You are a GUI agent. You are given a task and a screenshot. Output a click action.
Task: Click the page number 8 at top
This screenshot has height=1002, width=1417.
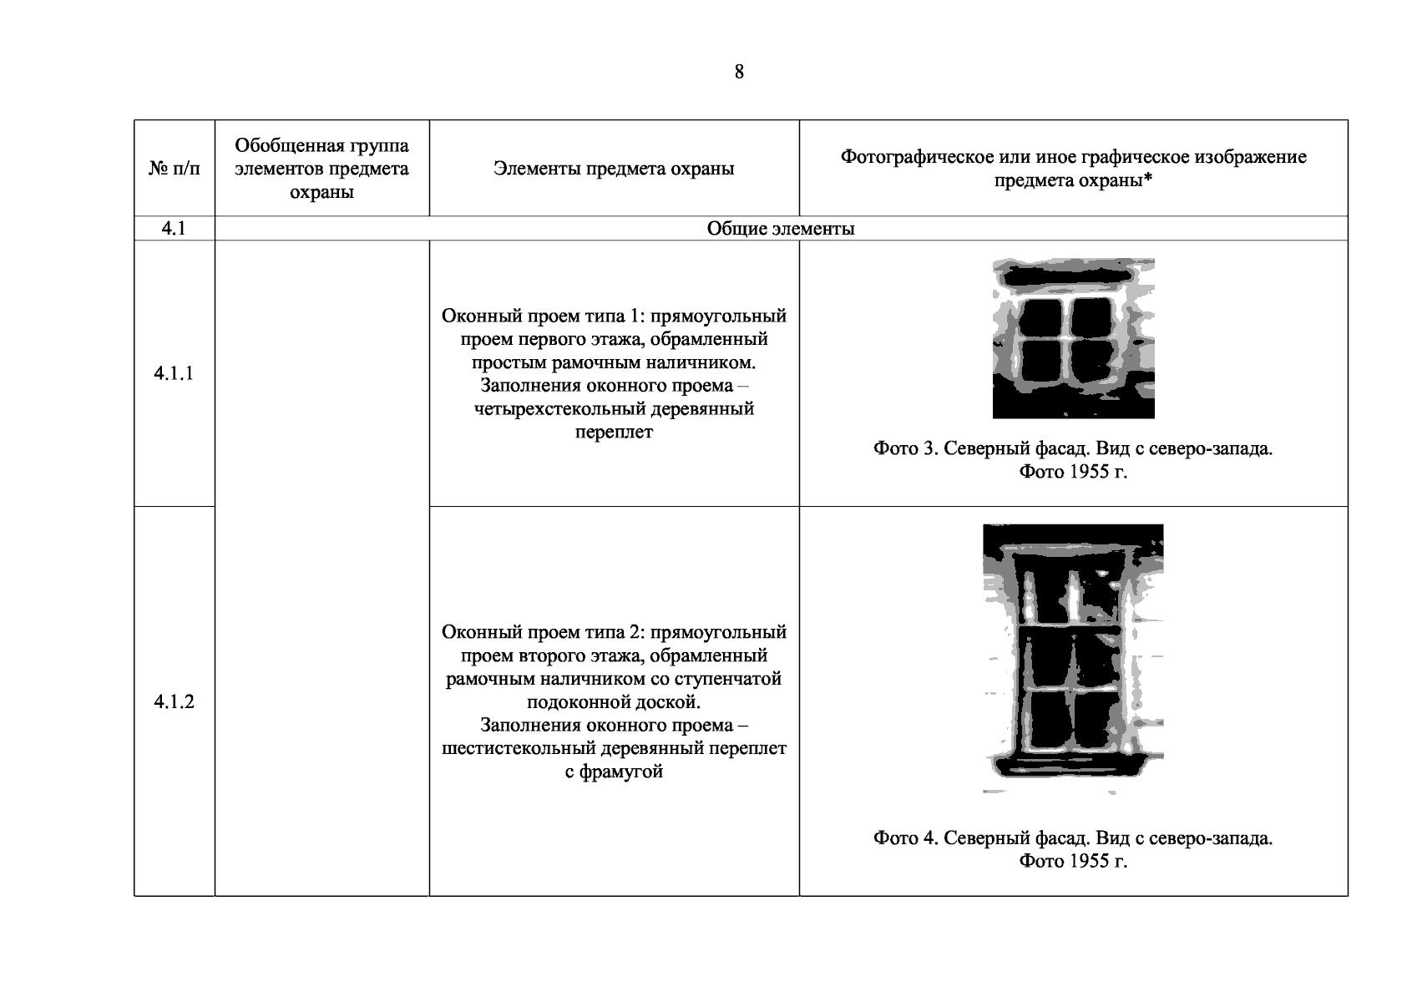pyautogui.click(x=739, y=72)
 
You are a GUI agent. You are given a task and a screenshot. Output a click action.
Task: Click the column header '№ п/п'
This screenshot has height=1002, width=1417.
pyautogui.click(x=175, y=169)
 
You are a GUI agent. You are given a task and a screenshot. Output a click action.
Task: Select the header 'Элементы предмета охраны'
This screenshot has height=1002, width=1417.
pyautogui.click(x=614, y=169)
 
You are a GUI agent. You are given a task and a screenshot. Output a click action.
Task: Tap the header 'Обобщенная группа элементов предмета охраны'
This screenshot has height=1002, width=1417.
pyautogui.click(x=321, y=169)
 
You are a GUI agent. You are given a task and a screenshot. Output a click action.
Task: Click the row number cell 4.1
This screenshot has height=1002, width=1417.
pyautogui.click(x=175, y=229)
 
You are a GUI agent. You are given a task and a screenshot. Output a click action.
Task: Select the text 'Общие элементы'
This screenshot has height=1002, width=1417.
pyautogui.click(x=780, y=229)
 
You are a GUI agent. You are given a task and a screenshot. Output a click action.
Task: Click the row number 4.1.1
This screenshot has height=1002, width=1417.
pyautogui.click(x=174, y=373)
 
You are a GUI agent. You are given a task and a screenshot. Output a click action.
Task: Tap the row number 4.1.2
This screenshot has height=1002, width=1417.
pyautogui.click(x=174, y=701)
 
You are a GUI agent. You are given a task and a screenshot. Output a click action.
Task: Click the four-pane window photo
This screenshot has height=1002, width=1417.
pyautogui.click(x=1073, y=338)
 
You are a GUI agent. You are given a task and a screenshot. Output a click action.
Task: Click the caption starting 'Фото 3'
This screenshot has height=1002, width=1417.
pyautogui.click(x=1073, y=460)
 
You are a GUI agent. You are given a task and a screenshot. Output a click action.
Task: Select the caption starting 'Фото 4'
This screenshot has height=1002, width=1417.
pyautogui.click(x=1073, y=849)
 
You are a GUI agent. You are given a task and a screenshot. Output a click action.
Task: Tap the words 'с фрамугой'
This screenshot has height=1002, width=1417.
pyautogui.click(x=614, y=772)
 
